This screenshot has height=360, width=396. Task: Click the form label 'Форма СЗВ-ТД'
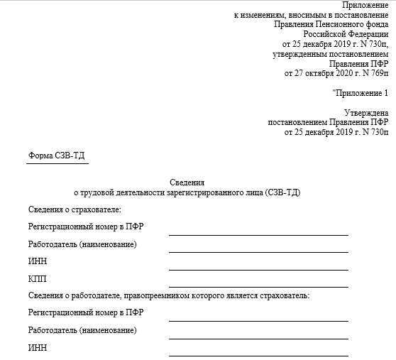coord(57,156)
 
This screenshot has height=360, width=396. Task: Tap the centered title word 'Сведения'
coord(187,182)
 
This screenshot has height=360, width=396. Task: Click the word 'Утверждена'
coord(366,112)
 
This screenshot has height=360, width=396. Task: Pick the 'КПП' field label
coord(37,278)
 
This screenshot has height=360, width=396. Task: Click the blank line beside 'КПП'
coord(258,287)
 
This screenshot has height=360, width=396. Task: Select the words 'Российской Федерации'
coord(346,33)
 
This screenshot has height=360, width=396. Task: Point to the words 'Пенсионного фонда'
coord(352,23)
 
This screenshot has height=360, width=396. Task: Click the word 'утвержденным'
coord(301,53)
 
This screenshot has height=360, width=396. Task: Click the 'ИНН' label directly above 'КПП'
coord(37,261)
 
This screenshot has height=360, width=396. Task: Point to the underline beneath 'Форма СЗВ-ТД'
coord(57,163)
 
